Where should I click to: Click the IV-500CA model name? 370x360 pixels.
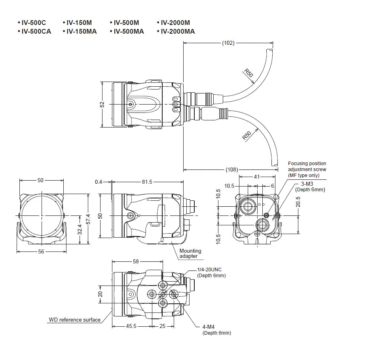click(36, 31)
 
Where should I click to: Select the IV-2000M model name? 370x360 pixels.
click(175, 23)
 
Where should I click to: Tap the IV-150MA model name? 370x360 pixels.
click(82, 31)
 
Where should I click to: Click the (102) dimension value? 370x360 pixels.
click(228, 43)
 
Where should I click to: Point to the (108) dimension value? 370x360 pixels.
click(232, 170)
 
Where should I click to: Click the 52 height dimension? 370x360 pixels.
click(102, 105)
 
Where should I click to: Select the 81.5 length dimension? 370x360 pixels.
click(147, 182)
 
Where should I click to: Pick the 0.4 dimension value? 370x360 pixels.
click(99, 182)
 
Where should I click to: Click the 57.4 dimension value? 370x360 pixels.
click(88, 219)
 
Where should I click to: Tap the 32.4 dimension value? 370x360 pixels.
click(80, 229)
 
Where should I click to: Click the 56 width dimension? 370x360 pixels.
click(41, 251)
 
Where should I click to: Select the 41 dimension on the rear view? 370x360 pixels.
click(257, 177)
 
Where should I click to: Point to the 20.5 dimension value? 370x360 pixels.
click(298, 202)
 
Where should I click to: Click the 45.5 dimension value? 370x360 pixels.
click(131, 326)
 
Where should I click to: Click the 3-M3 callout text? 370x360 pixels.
click(307, 184)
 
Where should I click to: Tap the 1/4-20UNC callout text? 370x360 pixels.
click(209, 270)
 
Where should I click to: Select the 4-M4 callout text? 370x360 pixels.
click(209, 327)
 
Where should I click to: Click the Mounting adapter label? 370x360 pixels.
click(190, 253)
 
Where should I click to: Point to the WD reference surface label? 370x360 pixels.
click(74, 320)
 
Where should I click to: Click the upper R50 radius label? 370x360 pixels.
click(249, 73)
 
